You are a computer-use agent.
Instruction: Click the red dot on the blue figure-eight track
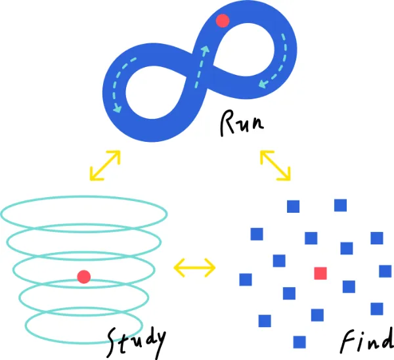(x=223, y=20)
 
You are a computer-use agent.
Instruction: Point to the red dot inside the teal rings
(x=83, y=277)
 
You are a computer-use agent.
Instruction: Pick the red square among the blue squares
(x=320, y=273)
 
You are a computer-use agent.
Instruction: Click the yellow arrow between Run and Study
(x=105, y=165)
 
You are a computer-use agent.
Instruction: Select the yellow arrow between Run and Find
(x=275, y=164)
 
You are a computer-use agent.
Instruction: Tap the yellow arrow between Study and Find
(x=194, y=267)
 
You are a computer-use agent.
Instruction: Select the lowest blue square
(x=299, y=342)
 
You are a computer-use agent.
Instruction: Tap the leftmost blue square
(x=246, y=279)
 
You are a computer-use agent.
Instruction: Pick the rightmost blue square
(x=385, y=271)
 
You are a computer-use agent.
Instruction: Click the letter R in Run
(x=226, y=122)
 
